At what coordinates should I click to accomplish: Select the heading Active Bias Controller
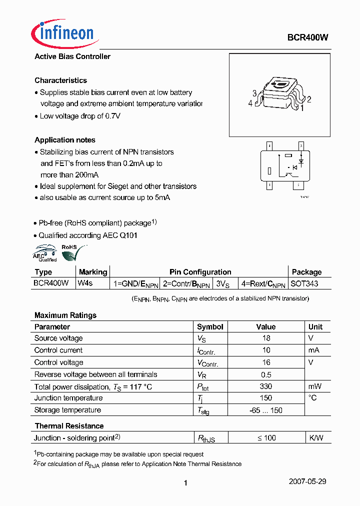coord(72,56)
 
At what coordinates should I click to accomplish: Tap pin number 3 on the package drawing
coord(254,93)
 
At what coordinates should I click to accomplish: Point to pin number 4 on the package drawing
coord(250,103)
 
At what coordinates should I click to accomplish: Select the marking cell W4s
coord(85,283)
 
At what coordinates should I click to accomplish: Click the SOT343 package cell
coord(305,283)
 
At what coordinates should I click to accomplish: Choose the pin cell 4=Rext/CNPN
coord(263,283)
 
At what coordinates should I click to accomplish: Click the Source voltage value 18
coord(266,338)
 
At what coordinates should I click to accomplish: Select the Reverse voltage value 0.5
coord(266,374)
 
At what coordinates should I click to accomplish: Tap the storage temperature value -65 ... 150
coord(266,410)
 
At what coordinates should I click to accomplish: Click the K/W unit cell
coord(316,438)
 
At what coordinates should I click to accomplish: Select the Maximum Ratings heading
coord(65,315)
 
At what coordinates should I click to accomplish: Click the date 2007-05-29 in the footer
coord(307,481)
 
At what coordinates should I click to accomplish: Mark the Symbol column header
coord(210,327)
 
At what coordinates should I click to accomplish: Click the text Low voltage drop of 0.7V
coord(80,116)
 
